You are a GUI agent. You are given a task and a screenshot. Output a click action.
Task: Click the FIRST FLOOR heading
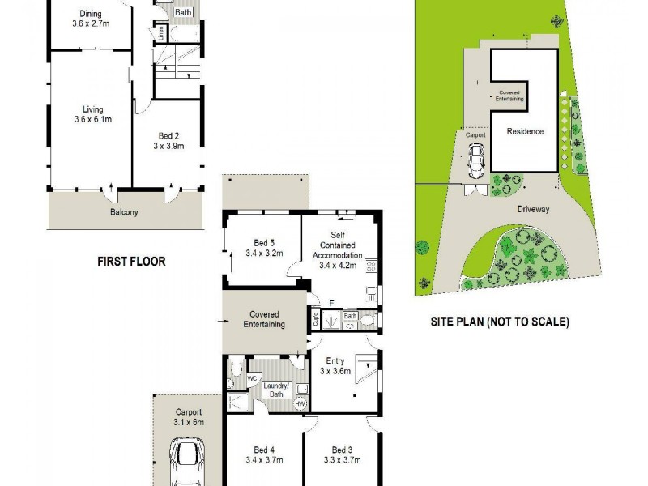click(131, 262)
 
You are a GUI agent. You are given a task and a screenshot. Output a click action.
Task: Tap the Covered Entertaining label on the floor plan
click(265, 319)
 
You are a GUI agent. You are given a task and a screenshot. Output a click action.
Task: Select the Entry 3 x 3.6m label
click(335, 366)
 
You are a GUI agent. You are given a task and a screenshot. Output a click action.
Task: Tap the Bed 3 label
click(343, 454)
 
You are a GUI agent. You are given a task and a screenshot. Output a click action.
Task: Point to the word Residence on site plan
click(525, 131)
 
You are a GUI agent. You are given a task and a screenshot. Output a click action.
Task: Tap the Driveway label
click(535, 209)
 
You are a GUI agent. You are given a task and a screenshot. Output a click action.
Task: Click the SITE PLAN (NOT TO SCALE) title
click(499, 322)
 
